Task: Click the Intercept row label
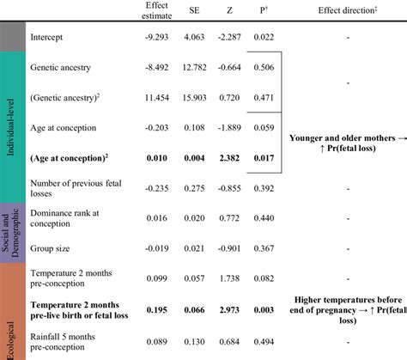tap(46, 39)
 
